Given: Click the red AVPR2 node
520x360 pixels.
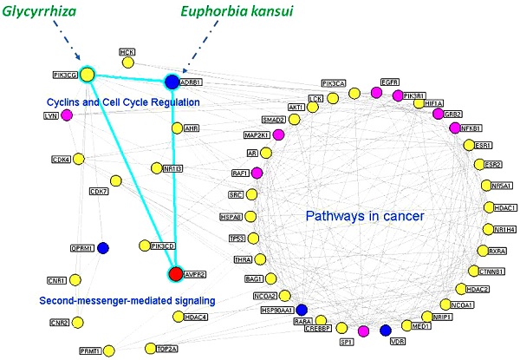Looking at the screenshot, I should pos(175,274).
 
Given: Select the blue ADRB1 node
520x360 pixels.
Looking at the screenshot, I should pos(172,82).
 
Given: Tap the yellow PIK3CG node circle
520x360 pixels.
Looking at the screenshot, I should pos(88,75).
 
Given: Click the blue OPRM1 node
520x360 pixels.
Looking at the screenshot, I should pos(103,248).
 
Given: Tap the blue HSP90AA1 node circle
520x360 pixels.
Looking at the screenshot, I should pos(302,310).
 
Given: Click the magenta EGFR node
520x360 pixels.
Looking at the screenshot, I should pos(376,92).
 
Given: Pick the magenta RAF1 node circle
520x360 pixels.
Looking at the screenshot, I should pos(257,173).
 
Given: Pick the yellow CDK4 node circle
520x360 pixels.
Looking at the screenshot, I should pos(80,159).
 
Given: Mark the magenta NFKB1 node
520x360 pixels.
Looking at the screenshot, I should pos(454,128).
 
